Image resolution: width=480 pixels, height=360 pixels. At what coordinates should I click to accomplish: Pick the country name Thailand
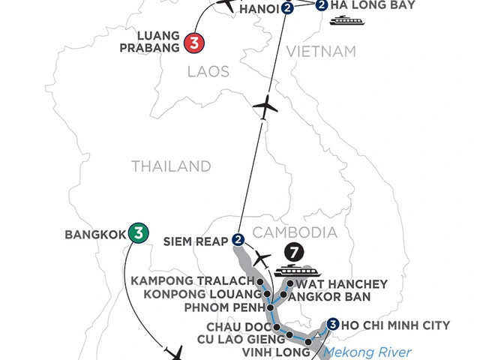tap(171, 166)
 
